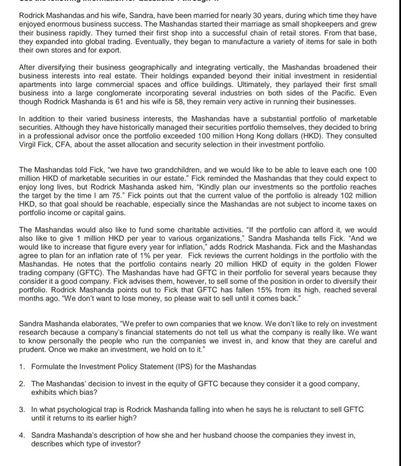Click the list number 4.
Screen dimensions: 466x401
pyautogui.click(x=22, y=435)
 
